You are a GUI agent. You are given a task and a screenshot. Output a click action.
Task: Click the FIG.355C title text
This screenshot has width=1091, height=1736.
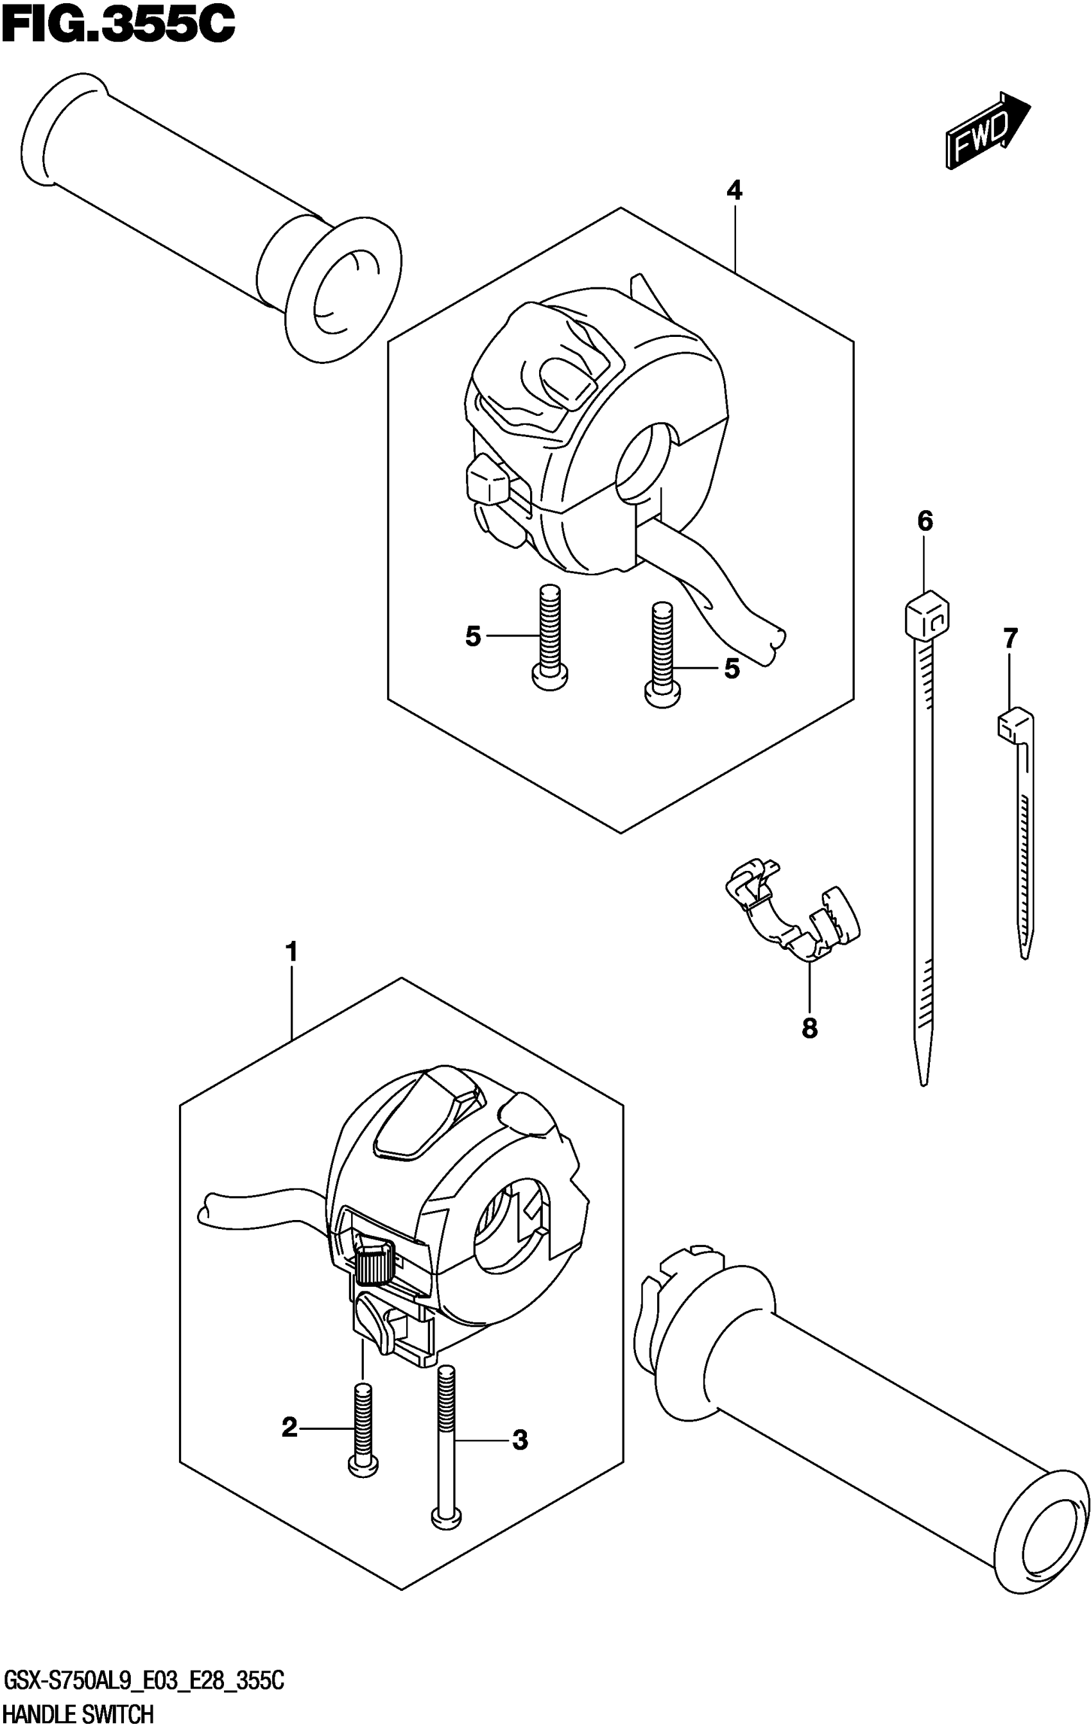pos(118,25)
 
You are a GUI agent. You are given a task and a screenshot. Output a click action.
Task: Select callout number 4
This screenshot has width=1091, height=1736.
pos(734,191)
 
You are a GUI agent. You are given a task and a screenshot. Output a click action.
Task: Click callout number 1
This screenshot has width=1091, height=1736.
pos(291,952)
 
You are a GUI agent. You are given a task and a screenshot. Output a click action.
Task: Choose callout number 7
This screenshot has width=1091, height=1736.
pos(1010,638)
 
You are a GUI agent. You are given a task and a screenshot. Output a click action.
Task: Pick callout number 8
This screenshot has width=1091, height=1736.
pos(810,1028)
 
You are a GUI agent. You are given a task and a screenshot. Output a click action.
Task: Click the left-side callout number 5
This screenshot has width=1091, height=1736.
pos(473,637)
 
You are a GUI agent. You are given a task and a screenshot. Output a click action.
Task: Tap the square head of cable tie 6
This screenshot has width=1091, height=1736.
pos(925,614)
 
